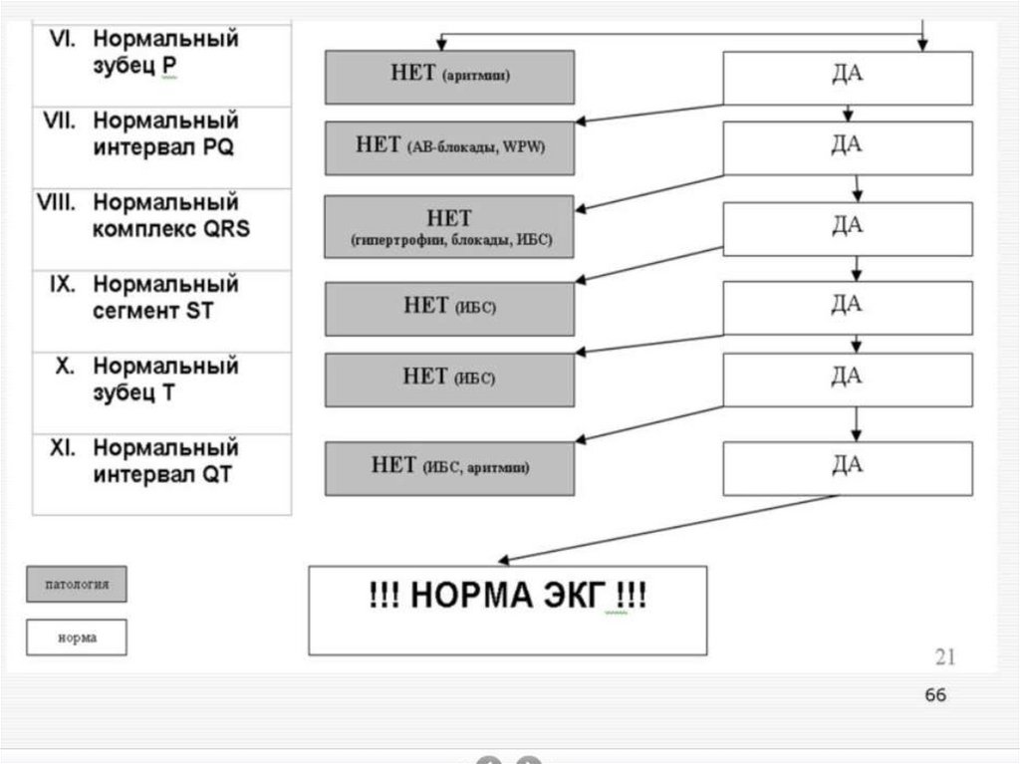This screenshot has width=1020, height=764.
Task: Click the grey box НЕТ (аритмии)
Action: coord(449,77)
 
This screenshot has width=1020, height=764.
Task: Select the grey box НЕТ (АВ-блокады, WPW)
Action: coord(449,147)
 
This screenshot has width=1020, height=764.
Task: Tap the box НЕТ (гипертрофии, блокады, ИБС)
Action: coord(449,227)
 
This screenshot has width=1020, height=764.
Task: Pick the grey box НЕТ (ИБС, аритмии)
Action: coord(449,467)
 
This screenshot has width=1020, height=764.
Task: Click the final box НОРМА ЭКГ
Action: coord(507,610)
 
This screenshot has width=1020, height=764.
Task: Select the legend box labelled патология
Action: coord(77,585)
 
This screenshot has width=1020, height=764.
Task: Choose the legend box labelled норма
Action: coord(77,637)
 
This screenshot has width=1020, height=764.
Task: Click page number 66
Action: coord(935,695)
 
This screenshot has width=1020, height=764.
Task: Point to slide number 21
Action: coord(945,655)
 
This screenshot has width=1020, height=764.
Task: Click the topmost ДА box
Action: coord(847,78)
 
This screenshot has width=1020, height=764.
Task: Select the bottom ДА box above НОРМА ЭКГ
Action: coord(847,467)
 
